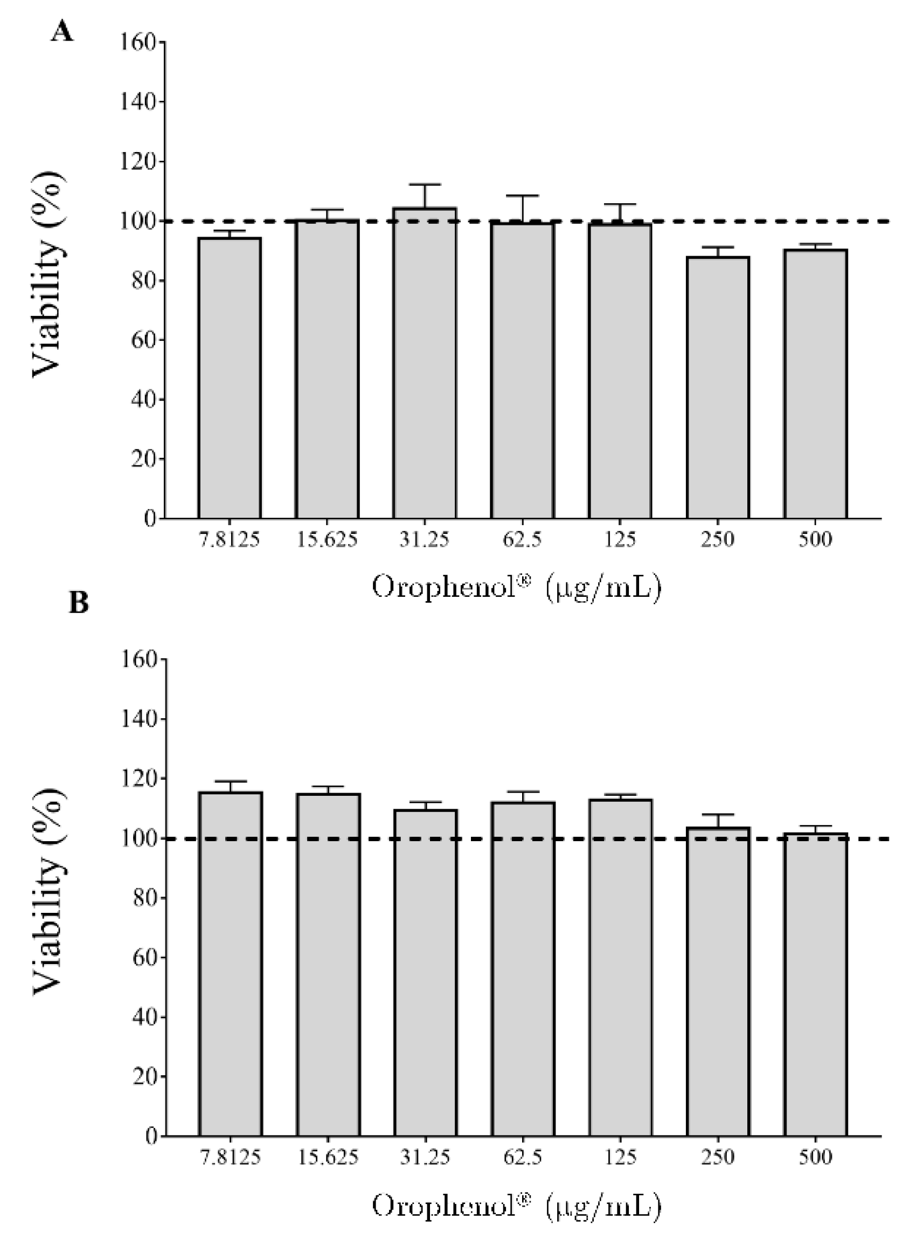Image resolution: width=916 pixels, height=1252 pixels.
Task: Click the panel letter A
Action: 62,33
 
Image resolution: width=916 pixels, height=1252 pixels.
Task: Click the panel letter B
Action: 79,602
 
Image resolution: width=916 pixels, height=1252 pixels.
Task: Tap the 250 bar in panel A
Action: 718,388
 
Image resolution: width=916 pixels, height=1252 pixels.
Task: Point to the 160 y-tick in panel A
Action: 138,42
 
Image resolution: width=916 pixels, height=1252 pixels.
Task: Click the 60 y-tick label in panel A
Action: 143,340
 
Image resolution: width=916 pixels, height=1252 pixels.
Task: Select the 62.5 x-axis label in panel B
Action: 522,1158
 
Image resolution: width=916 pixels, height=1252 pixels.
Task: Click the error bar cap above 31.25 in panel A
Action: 425,184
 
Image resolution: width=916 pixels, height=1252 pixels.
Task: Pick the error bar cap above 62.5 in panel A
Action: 522,196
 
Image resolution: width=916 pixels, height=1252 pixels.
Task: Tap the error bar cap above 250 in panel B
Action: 718,815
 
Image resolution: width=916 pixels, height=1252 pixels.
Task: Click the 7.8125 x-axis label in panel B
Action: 230,1158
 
